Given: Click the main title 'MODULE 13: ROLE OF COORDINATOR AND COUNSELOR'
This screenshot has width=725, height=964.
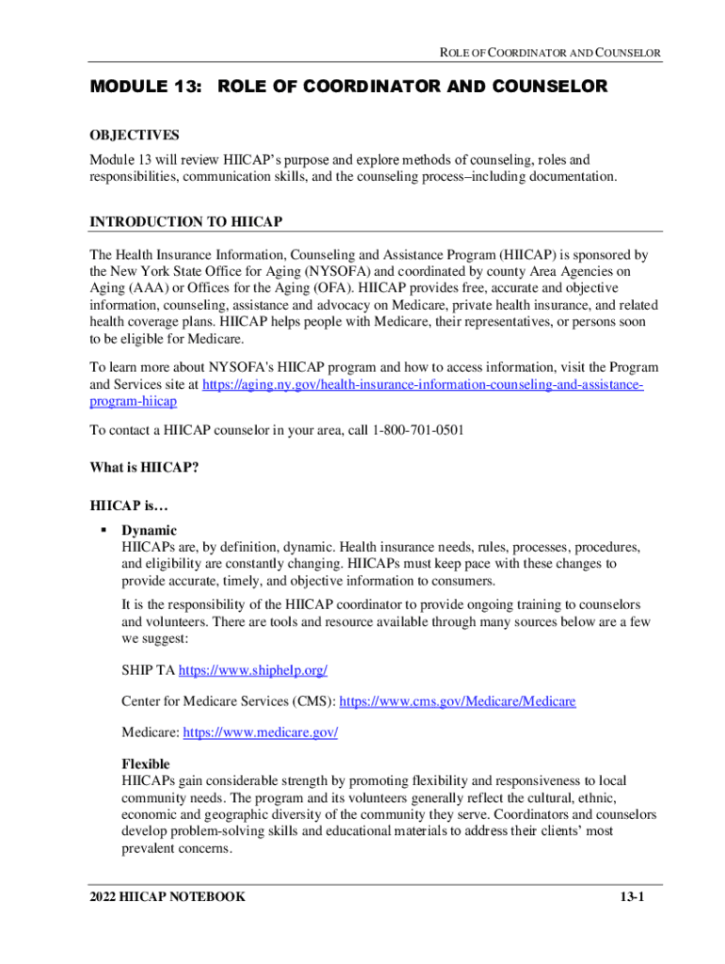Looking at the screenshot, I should (x=348, y=88).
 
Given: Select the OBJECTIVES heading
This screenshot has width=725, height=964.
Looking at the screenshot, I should (x=135, y=137).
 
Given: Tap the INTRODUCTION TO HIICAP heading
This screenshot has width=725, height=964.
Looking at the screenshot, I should (x=186, y=222).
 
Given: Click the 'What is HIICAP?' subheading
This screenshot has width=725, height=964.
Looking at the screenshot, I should (x=144, y=467).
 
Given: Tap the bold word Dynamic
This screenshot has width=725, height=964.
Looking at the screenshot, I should (x=149, y=531).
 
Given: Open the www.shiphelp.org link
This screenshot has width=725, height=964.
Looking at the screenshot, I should (x=252, y=670).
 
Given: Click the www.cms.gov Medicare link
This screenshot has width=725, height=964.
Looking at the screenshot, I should (x=457, y=701).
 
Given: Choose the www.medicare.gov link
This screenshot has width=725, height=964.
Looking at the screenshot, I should (x=259, y=732).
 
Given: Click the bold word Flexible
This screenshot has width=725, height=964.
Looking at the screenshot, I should (x=146, y=764).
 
